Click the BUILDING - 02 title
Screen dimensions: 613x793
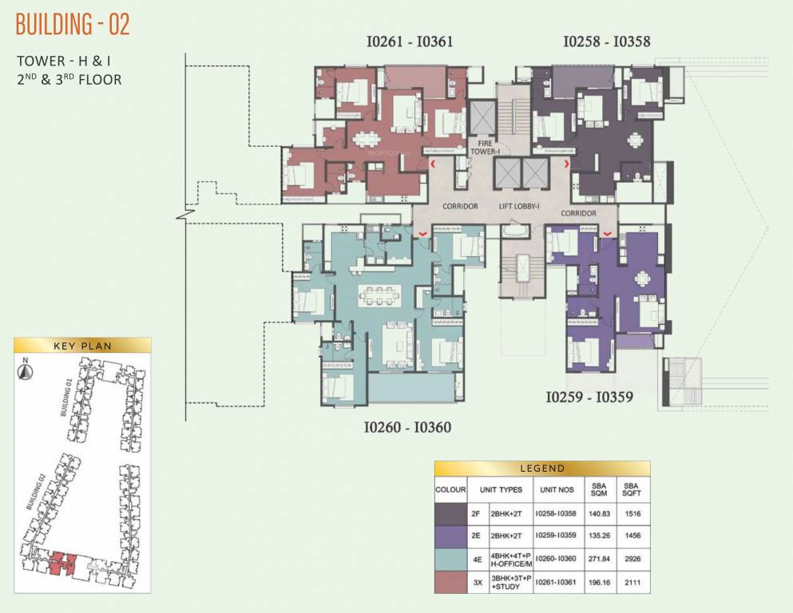(73, 25)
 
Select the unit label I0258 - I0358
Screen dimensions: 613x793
(613, 42)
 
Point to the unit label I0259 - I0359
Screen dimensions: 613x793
(589, 396)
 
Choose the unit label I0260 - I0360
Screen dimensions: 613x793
(407, 427)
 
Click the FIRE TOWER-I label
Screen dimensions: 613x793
(483, 146)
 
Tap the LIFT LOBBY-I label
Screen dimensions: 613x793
(521, 206)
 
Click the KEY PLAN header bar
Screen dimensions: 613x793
(82, 346)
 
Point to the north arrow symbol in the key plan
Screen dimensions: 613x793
(27, 368)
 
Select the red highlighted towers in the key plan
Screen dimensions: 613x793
(61, 564)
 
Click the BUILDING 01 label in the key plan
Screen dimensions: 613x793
(66, 397)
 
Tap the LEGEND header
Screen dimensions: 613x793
(542, 469)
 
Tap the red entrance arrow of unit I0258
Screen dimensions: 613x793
(567, 164)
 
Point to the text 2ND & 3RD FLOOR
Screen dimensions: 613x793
(69, 79)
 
